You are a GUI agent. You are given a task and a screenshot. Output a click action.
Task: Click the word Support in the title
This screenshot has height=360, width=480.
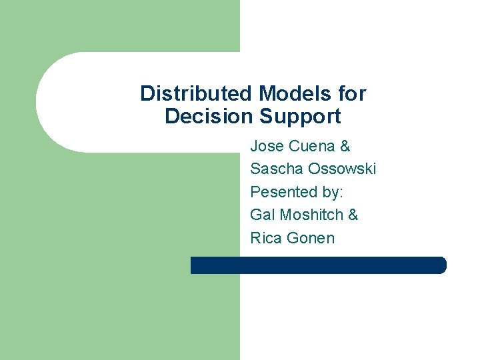300,117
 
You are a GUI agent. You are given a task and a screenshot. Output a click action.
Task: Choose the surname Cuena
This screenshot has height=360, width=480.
312,146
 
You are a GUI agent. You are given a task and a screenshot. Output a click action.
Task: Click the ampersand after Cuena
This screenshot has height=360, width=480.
345,146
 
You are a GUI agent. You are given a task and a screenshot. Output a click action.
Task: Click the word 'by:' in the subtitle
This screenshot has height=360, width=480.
331,192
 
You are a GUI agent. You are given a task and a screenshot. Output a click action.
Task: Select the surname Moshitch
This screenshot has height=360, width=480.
311,215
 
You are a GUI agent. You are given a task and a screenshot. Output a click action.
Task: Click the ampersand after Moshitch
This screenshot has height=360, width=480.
353,215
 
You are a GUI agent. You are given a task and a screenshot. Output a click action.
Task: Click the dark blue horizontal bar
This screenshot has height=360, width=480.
318,265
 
